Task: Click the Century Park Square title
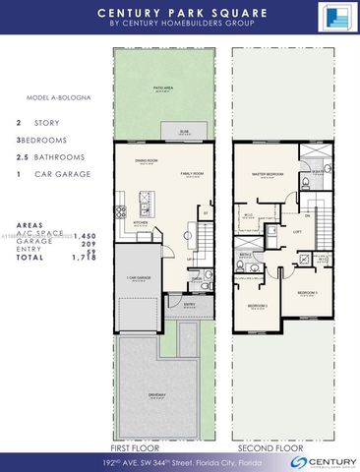[179, 13]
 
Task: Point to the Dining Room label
[148, 161]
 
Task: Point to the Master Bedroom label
[268, 174]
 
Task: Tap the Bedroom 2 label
[258, 306]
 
